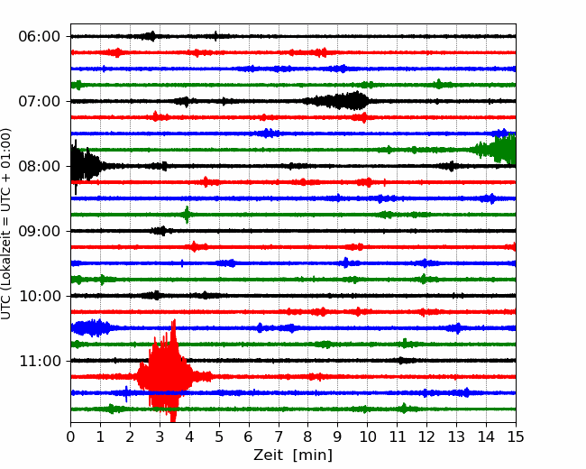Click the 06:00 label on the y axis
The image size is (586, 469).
[x=40, y=37]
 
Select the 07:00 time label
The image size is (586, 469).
[x=40, y=101]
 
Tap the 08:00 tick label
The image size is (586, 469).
[x=40, y=166]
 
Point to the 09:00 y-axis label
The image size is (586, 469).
[x=40, y=231]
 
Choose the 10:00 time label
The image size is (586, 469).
[x=40, y=296]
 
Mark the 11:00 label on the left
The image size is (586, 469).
[x=40, y=362]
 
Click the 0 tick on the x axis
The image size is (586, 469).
[x=70, y=437]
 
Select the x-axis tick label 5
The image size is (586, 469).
[x=219, y=437]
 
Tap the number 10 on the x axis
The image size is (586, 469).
[x=367, y=437]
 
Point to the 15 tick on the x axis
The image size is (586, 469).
[x=516, y=437]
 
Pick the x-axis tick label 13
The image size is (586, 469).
[x=456, y=437]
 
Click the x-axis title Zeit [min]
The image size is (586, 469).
[x=293, y=455]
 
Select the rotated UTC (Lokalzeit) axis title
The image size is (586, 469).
[x=6, y=224]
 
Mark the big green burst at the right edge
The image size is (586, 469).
[x=497, y=150]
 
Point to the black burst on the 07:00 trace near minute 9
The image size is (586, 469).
[x=338, y=101]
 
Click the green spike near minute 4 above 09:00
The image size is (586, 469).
[x=187, y=215]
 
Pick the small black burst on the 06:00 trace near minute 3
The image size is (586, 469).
[x=151, y=36]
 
